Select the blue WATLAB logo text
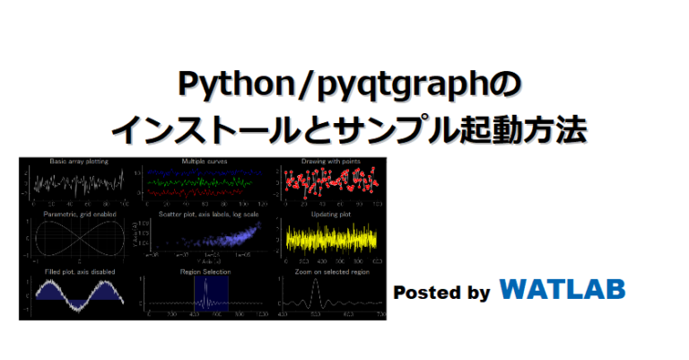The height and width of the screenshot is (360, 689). pyautogui.click(x=563, y=289)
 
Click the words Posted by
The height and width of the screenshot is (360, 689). pyautogui.click(x=441, y=292)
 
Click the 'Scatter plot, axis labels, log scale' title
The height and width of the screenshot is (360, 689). pyautogui.click(x=205, y=216)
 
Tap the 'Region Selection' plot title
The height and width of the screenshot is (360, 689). pyautogui.click(x=205, y=271)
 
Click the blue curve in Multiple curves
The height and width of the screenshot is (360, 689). pyautogui.click(x=205, y=171)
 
